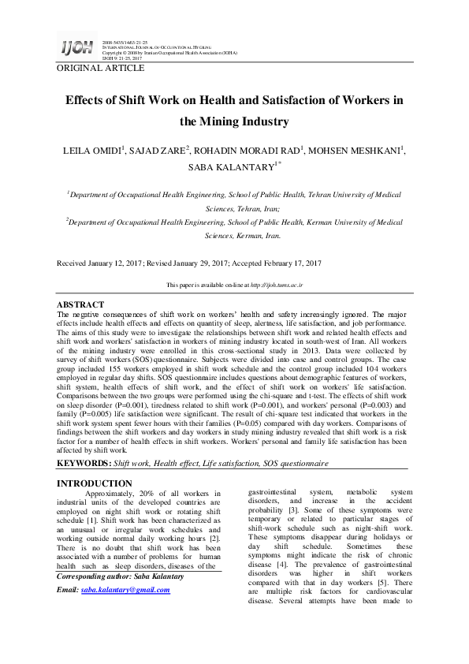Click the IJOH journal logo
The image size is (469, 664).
point(75,49)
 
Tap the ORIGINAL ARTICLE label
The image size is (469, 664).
point(100,69)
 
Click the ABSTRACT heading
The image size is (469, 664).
point(80,304)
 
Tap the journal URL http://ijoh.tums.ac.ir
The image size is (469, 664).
point(275,284)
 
